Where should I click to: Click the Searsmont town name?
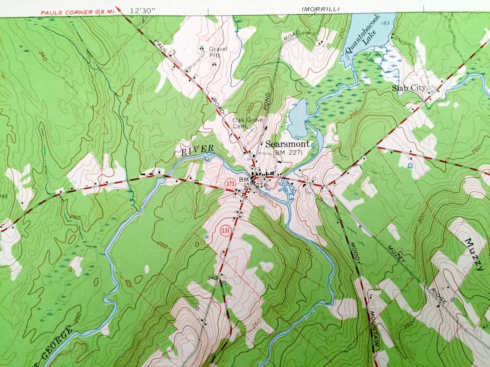287,144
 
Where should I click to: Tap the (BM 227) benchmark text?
288,152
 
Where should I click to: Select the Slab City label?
409,88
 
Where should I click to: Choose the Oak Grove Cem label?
247,123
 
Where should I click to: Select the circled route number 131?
225,231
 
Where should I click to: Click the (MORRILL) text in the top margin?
320,9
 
